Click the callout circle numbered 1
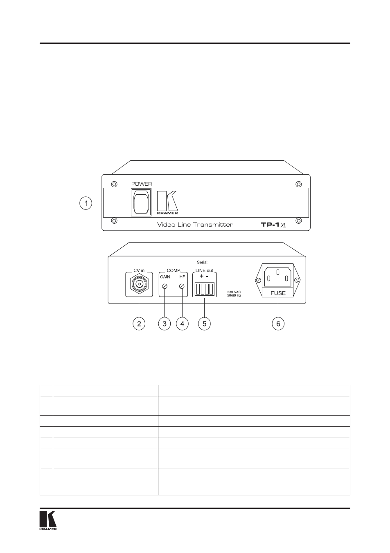click(86, 203)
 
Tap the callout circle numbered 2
click(139, 324)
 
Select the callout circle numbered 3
click(165, 324)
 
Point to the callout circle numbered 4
click(182, 324)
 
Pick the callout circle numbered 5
click(205, 324)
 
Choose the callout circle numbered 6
click(278, 324)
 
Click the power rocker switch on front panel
click(141, 203)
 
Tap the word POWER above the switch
click(142, 184)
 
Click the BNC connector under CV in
click(139, 284)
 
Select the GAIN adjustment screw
click(165, 286)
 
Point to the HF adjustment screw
click(182, 286)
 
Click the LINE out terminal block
click(205, 289)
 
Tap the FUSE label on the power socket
click(278, 293)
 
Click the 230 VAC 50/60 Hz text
click(234, 294)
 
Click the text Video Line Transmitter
click(195, 225)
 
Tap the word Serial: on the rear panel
click(203, 262)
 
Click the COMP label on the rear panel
click(174, 270)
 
